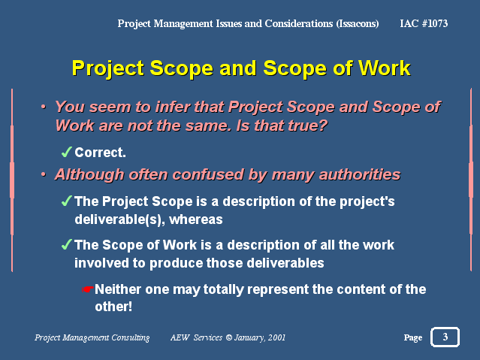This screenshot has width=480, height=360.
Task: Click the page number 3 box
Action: (445, 337)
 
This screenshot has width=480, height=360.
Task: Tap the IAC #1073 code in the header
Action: (424, 23)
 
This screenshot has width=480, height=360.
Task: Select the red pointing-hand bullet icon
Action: (87, 289)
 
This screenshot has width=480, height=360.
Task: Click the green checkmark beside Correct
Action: (66, 152)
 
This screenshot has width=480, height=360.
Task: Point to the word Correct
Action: (100, 153)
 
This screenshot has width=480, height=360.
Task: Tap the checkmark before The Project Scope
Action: (66, 201)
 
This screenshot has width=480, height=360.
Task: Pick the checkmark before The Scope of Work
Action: (66, 244)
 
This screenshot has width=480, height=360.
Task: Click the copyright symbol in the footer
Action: (228, 337)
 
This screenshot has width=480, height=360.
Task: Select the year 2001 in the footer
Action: (276, 337)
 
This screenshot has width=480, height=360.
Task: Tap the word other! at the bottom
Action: (113, 307)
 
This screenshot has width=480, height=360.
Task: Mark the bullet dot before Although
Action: (44, 174)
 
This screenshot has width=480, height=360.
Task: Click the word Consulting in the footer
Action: (131, 338)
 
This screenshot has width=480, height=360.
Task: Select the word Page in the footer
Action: (413, 337)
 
